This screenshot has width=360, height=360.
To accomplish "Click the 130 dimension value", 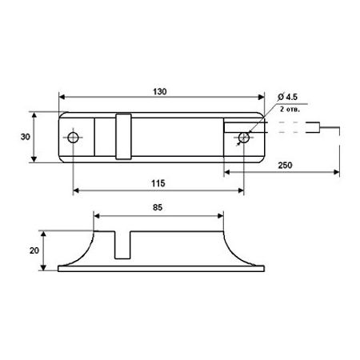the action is click(160, 92).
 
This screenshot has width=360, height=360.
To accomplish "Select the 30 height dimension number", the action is click(26, 137).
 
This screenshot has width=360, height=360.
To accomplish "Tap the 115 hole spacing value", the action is click(158, 183).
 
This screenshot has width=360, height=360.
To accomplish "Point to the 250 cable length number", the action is click(285, 166).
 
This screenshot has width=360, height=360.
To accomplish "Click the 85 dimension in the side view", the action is click(158, 207).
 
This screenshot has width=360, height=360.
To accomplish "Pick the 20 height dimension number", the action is click(34, 250).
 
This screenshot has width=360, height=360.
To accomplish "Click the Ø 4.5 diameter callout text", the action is click(287, 97).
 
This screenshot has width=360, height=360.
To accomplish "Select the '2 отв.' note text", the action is click(290, 110).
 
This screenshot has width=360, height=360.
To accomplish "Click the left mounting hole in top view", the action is click(73, 138).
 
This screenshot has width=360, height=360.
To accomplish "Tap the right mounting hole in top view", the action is click(244, 138).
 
